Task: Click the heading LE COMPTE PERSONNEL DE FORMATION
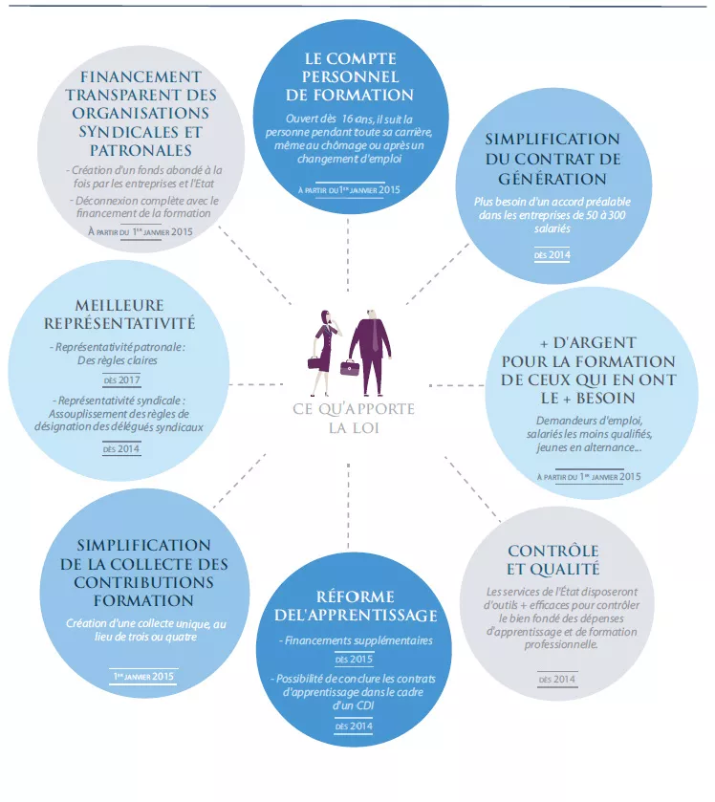pyautogui.click(x=350, y=76)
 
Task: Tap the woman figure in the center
pyautogui.click(x=324, y=353)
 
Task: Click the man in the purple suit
pyautogui.click(x=370, y=353)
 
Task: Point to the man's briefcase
pyautogui.click(x=350, y=368)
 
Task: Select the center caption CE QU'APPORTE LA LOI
pyautogui.click(x=354, y=418)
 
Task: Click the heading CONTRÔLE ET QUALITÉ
pyautogui.click(x=552, y=560)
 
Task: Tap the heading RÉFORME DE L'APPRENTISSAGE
pyautogui.click(x=356, y=606)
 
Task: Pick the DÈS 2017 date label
pyautogui.click(x=121, y=380)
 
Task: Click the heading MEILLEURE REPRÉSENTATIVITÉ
pyautogui.click(x=119, y=314)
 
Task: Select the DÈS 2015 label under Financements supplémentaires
pyautogui.click(x=354, y=660)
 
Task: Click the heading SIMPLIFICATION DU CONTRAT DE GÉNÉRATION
pyautogui.click(x=552, y=159)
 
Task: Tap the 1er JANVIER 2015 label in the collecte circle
pyautogui.click(x=143, y=676)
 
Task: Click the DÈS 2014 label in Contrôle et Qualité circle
pyautogui.click(x=557, y=680)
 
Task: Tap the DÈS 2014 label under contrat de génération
pyautogui.click(x=552, y=254)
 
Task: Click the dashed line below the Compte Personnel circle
pyautogui.click(x=348, y=254)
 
